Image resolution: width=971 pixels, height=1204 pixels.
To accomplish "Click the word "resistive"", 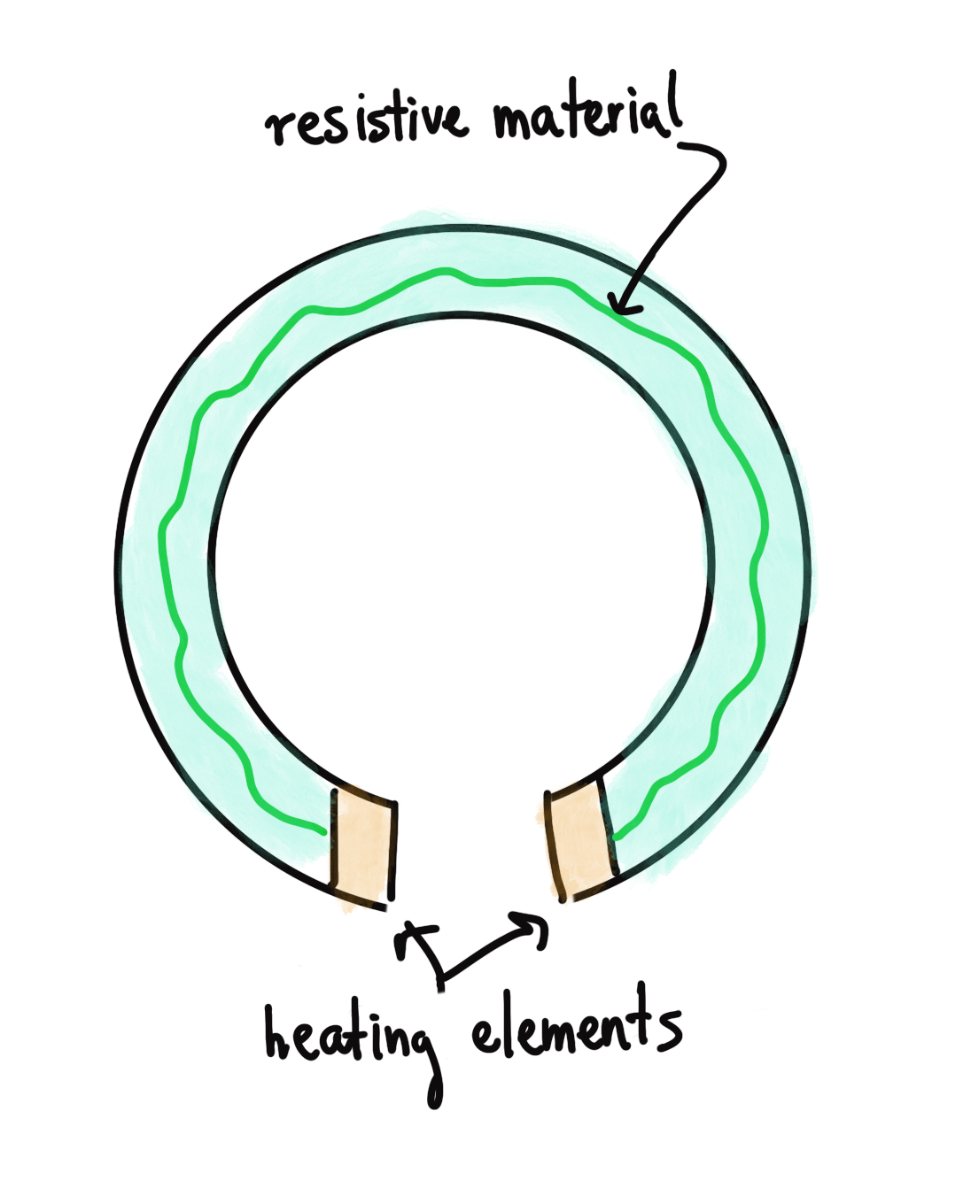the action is [x=367, y=121].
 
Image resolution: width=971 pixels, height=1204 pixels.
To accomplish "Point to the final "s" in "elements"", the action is [x=670, y=1030].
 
